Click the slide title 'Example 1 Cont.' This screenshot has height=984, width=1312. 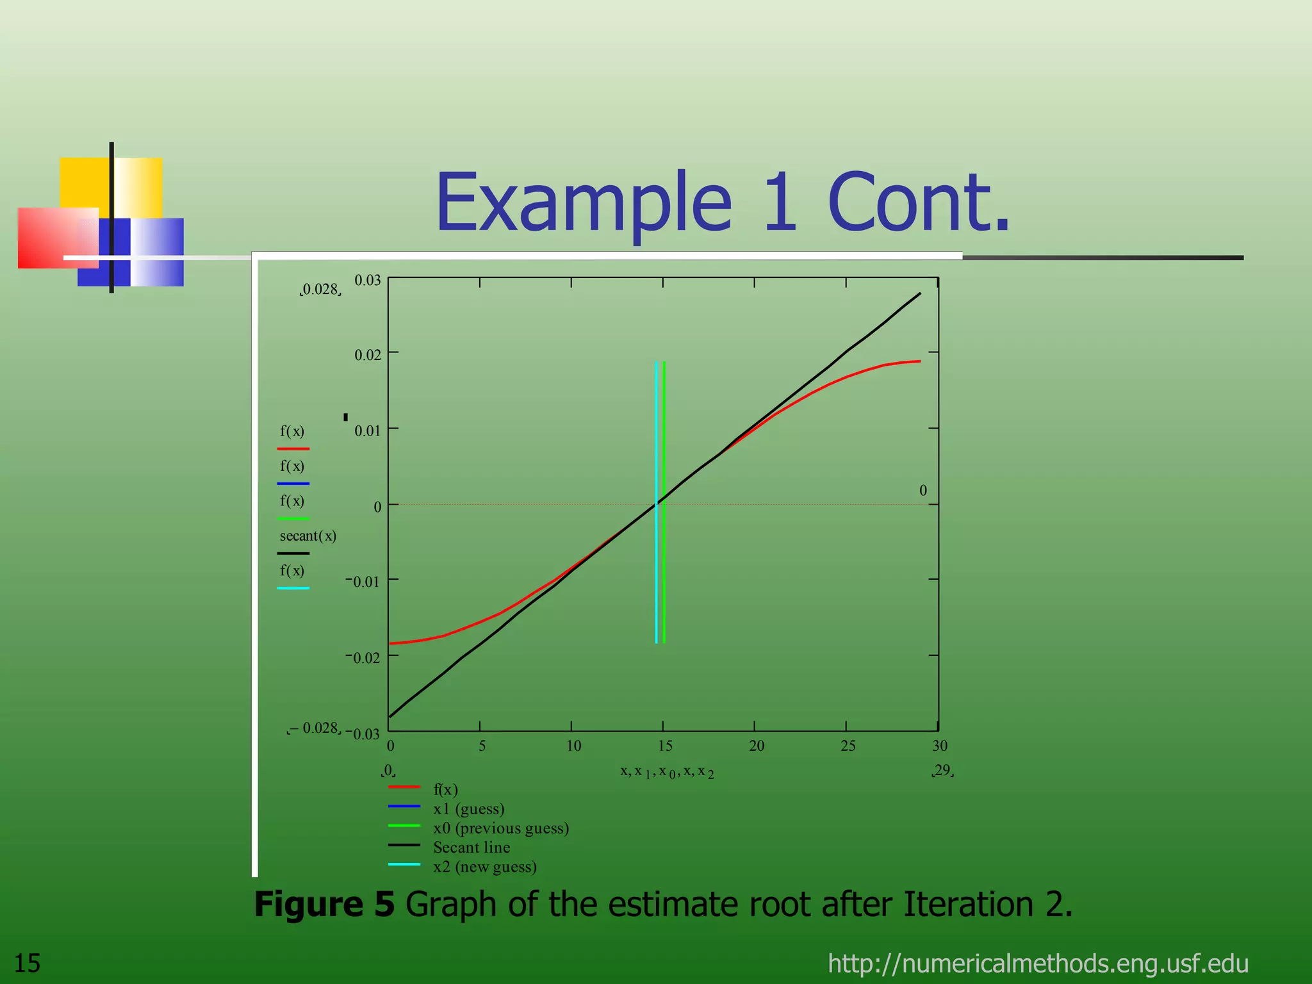722,202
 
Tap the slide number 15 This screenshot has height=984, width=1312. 27,963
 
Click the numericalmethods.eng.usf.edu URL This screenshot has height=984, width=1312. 1038,963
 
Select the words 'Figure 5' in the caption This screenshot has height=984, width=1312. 324,904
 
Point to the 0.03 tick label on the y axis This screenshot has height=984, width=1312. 367,281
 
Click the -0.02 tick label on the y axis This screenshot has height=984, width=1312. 363,657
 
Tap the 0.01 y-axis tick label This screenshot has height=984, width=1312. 367,430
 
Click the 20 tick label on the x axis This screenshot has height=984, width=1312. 757,746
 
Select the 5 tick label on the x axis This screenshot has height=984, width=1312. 482,746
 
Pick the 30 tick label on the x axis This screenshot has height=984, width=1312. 939,746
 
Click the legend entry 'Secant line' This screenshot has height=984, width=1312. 471,847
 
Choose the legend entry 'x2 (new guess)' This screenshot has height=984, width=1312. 484,867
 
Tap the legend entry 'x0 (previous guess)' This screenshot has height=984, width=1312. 501,828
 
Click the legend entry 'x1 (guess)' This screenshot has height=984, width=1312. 468,808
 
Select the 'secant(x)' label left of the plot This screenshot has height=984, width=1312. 307,536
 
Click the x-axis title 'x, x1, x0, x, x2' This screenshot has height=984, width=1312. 666,771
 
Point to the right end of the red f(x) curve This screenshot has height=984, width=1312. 919,361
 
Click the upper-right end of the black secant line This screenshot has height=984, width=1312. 920,293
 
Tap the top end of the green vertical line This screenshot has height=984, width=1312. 664,363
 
